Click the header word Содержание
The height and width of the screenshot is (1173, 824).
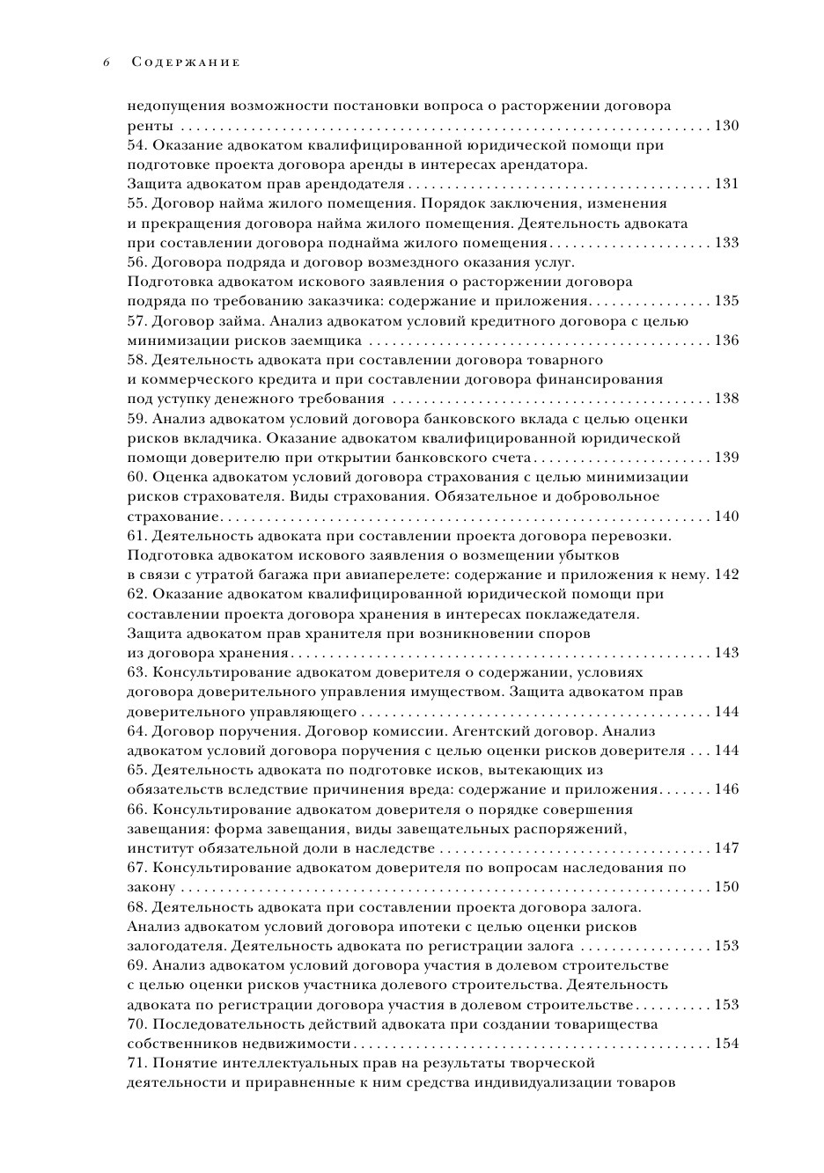click(185, 62)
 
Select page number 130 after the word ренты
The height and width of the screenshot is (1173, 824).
click(726, 126)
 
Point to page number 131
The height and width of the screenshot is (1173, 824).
click(726, 184)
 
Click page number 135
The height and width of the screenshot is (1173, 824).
click(726, 301)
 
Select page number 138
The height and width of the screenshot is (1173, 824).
click(726, 399)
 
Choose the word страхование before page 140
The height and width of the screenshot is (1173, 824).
click(173, 517)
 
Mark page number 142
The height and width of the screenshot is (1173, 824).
click(726, 575)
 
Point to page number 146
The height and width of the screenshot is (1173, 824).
click(726, 789)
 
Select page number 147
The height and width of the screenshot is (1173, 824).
click(726, 848)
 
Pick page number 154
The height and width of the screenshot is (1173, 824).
click(726, 1044)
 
